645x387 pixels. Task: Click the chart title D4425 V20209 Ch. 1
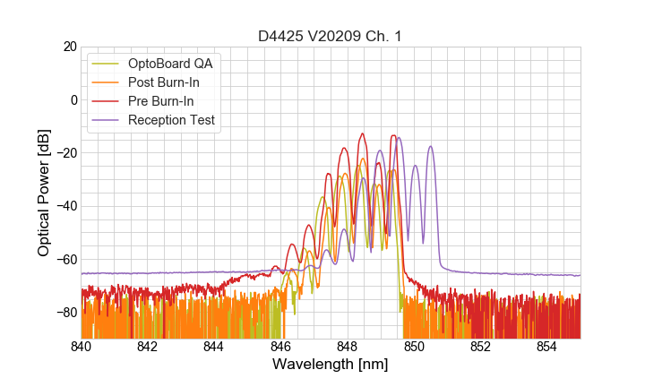coord(330,36)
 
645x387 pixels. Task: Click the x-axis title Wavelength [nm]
coord(331,365)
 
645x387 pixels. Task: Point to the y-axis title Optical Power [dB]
coord(44,193)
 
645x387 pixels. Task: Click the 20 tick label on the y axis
coord(69,47)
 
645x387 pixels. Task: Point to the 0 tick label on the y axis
coord(73,99)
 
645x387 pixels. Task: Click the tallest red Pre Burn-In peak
coord(363,134)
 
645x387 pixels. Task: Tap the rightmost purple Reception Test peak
coord(431,147)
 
